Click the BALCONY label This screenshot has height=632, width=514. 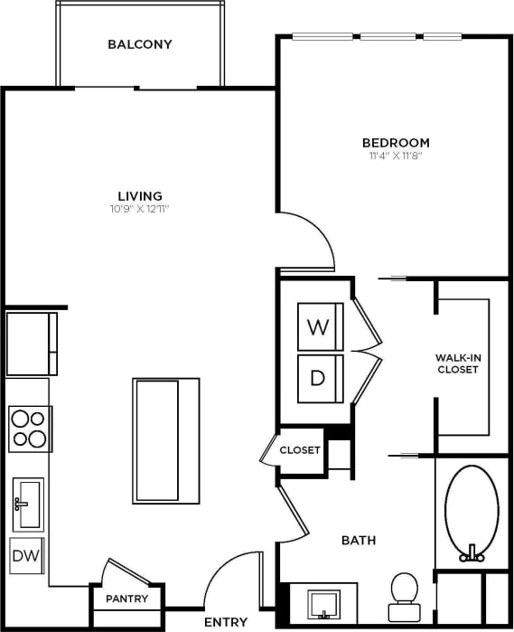tap(139, 44)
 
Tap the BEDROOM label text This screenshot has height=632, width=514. tap(396, 143)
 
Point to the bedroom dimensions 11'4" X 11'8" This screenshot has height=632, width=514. tap(396, 156)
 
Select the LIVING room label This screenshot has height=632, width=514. tap(140, 196)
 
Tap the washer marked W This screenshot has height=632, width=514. tap(318, 327)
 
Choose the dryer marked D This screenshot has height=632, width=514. tap(318, 378)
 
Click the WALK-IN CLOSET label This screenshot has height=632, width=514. tap(457, 363)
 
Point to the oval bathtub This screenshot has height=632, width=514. tap(471, 511)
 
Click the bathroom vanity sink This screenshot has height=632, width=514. tap(322, 603)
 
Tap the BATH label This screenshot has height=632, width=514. tap(358, 541)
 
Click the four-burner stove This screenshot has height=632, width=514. tap(28, 429)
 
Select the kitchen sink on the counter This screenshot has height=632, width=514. tap(27, 503)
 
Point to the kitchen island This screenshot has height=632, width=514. tap(165, 440)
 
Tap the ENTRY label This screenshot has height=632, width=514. tap(226, 622)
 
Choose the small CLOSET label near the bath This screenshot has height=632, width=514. tap(300, 450)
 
